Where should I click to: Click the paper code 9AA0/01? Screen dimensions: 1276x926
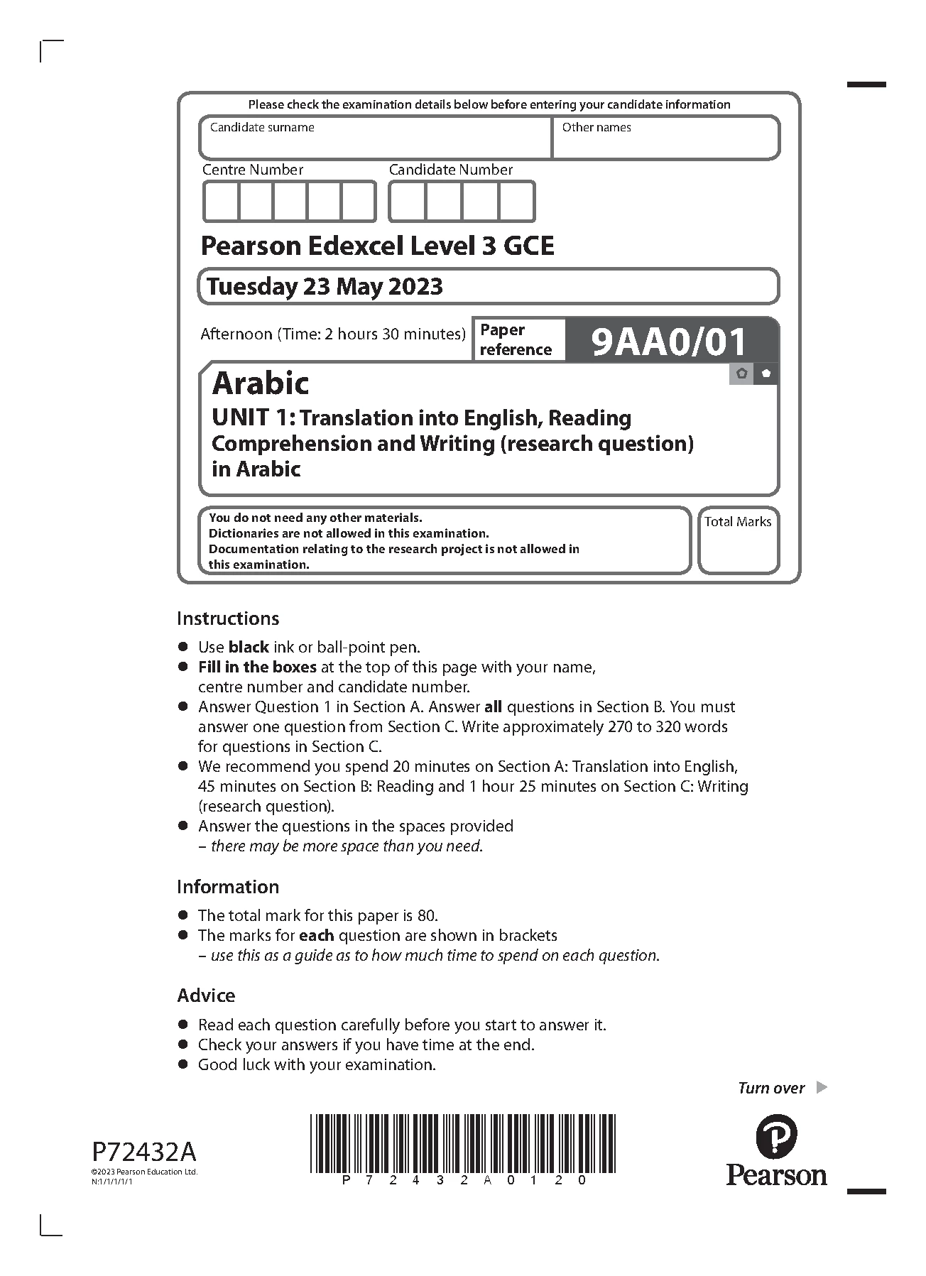tap(669, 342)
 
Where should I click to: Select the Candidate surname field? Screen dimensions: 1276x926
tap(375, 138)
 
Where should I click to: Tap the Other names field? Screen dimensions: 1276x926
tap(665, 138)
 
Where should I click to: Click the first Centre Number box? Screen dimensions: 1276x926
tap(221, 202)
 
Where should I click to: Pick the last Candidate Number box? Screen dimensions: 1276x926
tap(516, 202)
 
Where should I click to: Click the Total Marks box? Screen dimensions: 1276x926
tap(738, 541)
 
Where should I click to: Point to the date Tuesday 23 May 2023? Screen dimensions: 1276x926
tap(325, 287)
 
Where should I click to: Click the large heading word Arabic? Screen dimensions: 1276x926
tap(261, 383)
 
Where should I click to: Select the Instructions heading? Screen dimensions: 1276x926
tap(228, 618)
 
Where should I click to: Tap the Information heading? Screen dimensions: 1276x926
tap(228, 887)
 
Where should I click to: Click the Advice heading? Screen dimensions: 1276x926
tap(206, 996)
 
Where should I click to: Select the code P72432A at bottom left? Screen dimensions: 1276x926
tap(144, 1150)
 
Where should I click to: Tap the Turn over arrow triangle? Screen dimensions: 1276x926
tap(822, 1087)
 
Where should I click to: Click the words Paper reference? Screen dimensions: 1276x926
tap(516, 339)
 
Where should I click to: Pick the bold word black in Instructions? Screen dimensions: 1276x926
tap(249, 647)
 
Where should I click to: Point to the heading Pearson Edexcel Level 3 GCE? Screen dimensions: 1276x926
tap(377, 246)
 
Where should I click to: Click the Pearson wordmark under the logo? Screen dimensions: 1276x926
tap(776, 1175)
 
